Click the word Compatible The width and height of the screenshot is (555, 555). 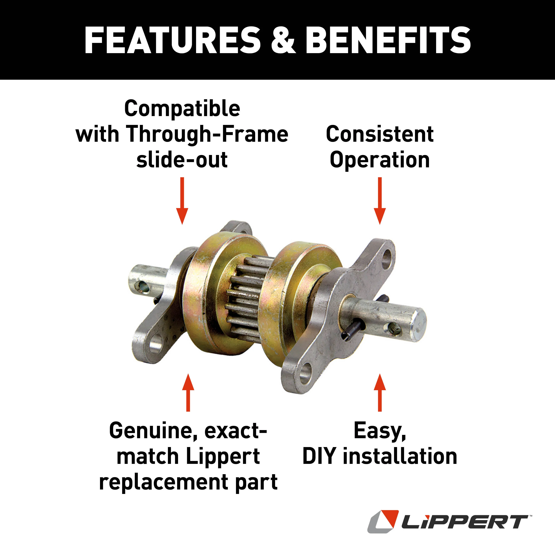(x=182, y=109)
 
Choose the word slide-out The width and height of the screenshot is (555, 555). (x=182, y=160)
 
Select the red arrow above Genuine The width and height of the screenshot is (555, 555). (x=188, y=393)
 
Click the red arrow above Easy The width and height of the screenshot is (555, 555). (x=380, y=393)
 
